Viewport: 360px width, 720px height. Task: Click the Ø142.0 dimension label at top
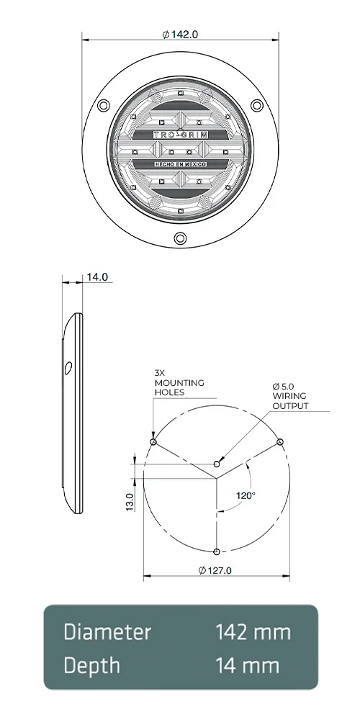click(181, 34)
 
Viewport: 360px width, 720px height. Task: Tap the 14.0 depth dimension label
click(97, 276)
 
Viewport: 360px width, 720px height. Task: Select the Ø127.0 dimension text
click(215, 570)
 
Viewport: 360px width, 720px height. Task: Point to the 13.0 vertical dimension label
click(130, 501)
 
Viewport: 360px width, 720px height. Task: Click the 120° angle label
click(246, 495)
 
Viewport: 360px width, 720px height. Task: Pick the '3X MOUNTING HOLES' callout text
click(179, 383)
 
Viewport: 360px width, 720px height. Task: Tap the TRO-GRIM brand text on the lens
click(180, 135)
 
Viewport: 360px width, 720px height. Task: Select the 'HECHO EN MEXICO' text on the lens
click(181, 165)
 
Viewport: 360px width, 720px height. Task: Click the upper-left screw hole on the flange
click(104, 107)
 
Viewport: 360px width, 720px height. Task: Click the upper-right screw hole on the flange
click(256, 107)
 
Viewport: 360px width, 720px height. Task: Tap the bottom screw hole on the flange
click(180, 238)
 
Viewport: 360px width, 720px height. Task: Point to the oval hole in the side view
click(67, 368)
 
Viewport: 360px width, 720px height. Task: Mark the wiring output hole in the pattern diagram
click(217, 463)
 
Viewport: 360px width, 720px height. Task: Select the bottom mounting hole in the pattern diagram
click(217, 552)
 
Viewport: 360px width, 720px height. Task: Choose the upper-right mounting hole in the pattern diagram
click(281, 441)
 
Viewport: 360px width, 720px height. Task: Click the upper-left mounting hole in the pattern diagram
click(153, 441)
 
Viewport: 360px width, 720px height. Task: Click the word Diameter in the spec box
click(107, 632)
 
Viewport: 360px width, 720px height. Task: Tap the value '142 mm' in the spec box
click(253, 632)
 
